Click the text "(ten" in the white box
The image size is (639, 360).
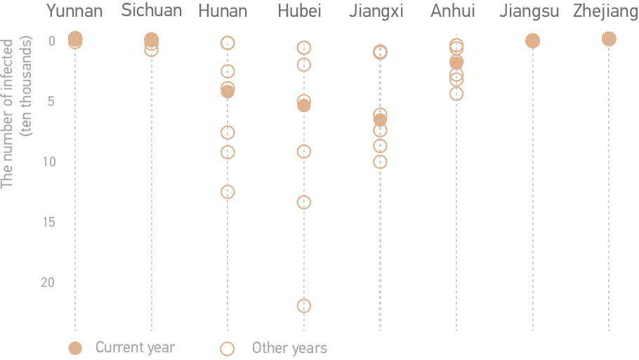click(x=27, y=124)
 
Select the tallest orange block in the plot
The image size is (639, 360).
click(x=380, y=138)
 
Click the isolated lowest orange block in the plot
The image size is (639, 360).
click(x=303, y=305)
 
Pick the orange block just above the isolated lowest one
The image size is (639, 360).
click(x=303, y=202)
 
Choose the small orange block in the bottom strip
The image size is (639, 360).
click(x=220, y=345)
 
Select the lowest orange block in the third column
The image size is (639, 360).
click(x=227, y=191)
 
